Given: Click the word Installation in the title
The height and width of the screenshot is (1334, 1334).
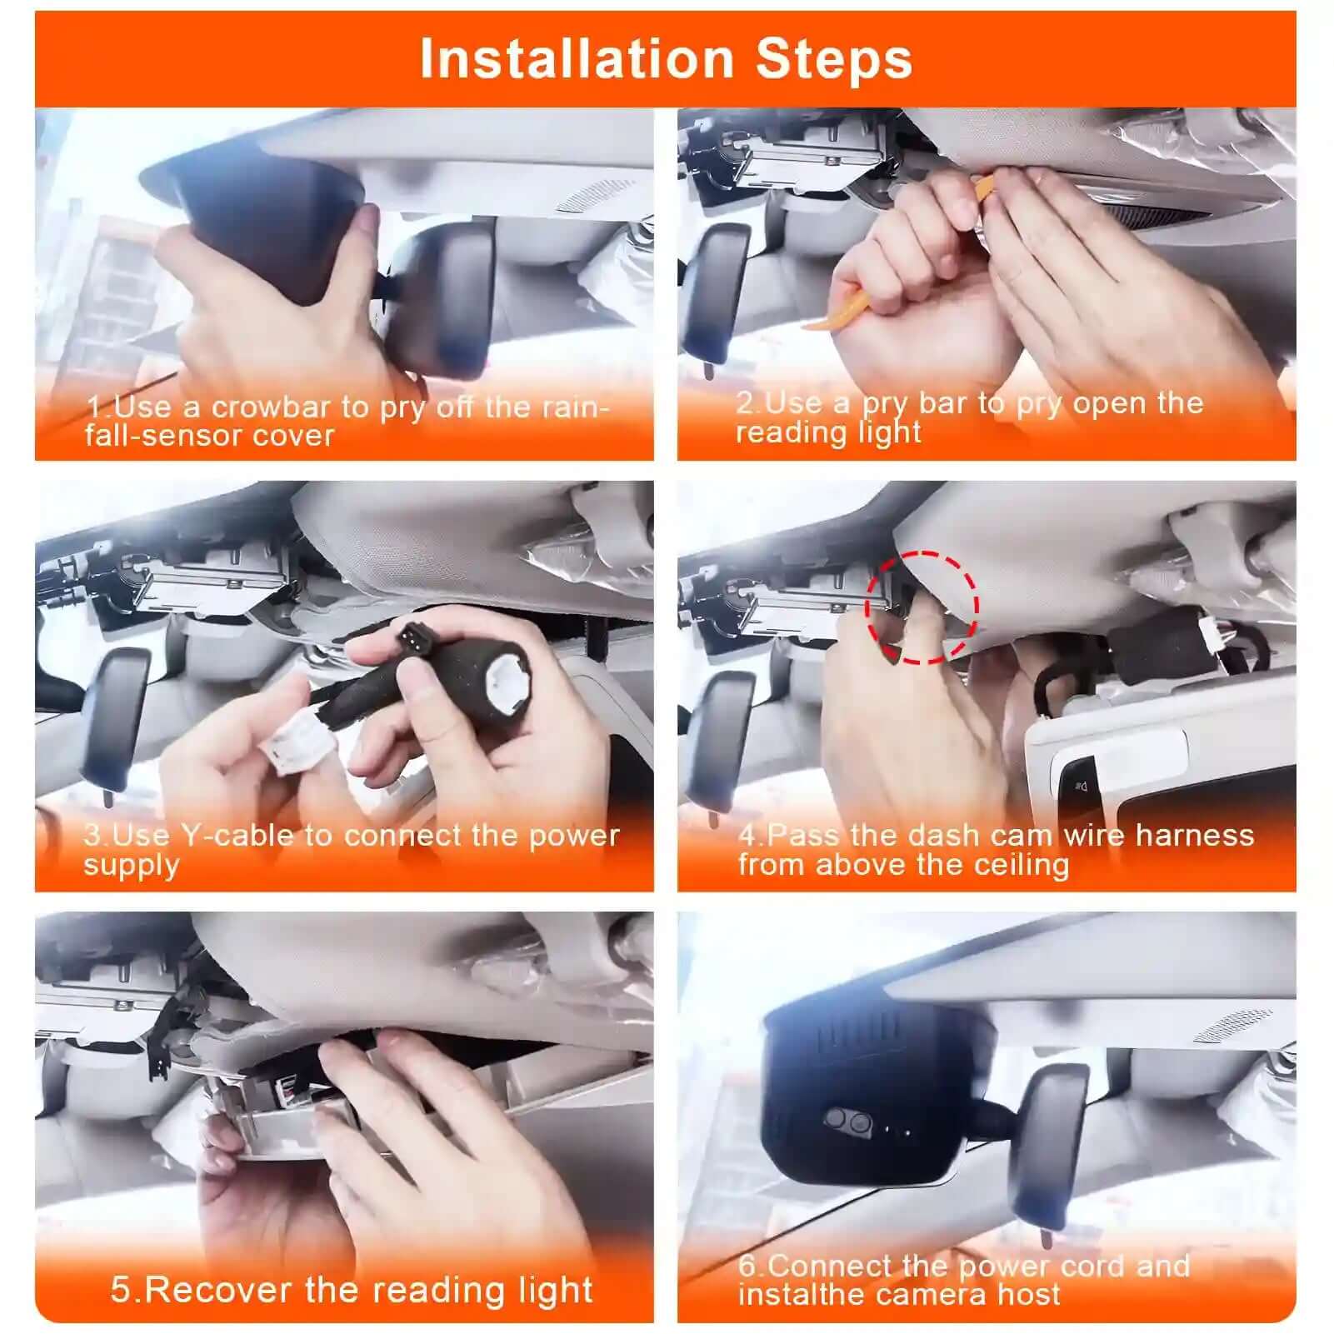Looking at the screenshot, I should click(576, 59).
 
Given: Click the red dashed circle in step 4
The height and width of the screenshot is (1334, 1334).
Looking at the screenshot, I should click(922, 607).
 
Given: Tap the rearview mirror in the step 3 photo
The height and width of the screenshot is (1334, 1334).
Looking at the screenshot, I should click(114, 717).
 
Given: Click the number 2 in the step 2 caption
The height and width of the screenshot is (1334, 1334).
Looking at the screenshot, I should click(746, 403).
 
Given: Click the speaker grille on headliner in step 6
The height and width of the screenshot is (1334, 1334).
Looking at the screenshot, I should click(1232, 1027).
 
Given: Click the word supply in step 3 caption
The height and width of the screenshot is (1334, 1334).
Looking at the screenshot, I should click(131, 865).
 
